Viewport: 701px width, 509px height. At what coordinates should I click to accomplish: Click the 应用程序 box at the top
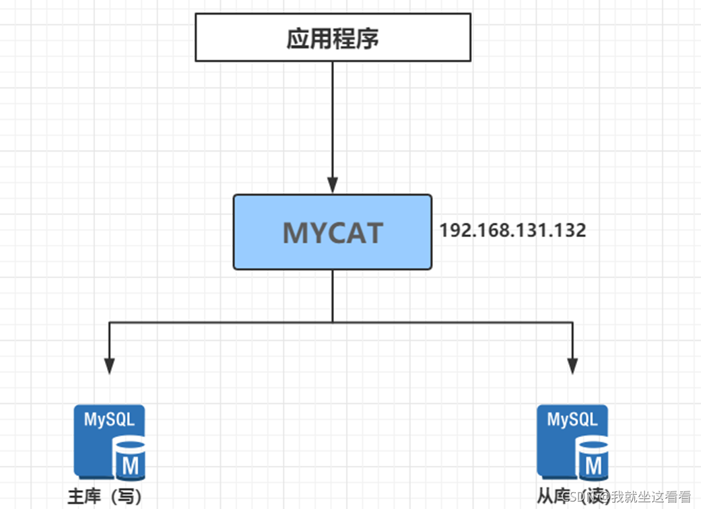[333, 38]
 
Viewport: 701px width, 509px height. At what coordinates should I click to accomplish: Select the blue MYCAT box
[333, 232]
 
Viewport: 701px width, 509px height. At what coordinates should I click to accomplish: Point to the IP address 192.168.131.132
[512, 230]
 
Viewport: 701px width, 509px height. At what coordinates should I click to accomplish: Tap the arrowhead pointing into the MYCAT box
[333, 186]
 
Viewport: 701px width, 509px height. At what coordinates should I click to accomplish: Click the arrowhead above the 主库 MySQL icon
[110, 366]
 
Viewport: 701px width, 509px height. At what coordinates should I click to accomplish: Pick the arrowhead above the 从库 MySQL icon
[572, 366]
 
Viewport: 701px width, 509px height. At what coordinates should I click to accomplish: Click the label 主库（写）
[105, 497]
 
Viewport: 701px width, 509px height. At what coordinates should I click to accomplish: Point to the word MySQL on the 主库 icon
[109, 419]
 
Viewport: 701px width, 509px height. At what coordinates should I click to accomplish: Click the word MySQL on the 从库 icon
[572, 419]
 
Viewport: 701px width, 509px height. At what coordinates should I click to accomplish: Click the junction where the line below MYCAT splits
[333, 323]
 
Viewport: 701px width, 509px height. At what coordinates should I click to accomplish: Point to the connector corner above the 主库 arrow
[110, 323]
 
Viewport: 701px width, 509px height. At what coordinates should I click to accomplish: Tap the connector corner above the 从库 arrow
[572, 323]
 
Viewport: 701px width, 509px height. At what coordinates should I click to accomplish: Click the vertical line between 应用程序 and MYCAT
[333, 121]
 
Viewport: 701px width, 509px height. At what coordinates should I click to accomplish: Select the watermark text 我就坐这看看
[651, 498]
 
